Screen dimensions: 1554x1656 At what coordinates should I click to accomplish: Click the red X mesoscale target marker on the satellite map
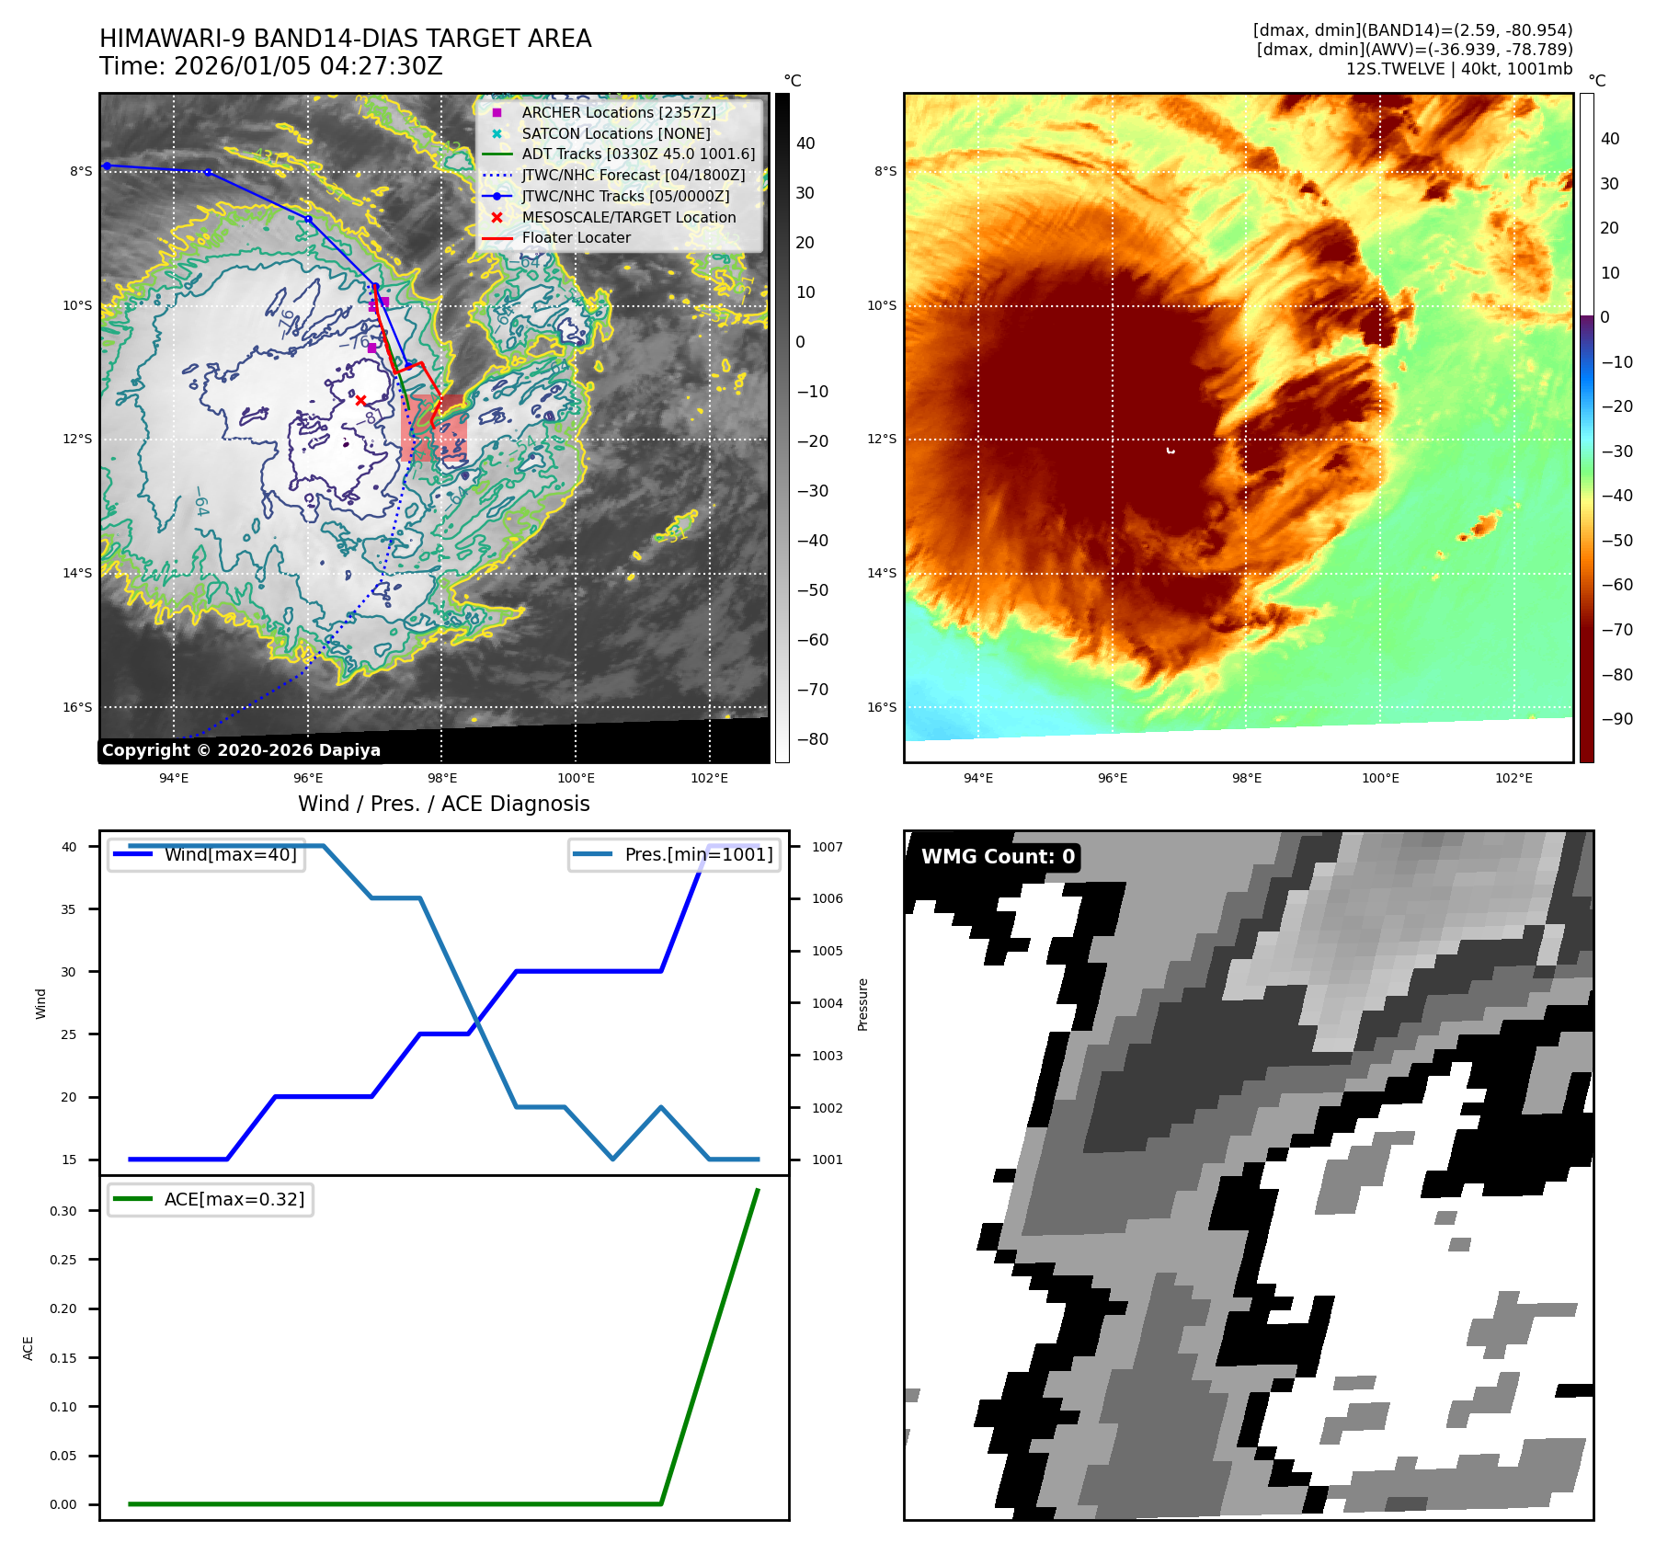coord(360,400)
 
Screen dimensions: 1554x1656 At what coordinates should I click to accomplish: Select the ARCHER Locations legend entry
coord(618,112)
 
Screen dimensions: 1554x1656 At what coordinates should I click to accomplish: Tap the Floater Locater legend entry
coord(576,237)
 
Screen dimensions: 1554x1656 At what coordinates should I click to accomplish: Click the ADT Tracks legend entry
coord(638,154)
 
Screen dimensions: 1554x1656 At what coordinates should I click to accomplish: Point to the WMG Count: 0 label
coord(998,856)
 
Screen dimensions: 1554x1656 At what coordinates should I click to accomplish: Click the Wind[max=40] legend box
coord(207,854)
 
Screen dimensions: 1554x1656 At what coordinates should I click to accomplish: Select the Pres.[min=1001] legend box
coord(674,854)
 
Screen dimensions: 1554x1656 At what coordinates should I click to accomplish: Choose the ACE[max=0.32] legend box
coord(211,1199)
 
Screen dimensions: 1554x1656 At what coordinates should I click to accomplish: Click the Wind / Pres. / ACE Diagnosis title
coord(443,804)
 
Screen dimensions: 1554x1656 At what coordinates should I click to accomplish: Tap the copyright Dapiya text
coord(241,750)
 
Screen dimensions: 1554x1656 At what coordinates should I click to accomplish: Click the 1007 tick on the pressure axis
coord(827,847)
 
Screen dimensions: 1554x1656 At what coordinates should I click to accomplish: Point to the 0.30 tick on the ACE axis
coord(63,1211)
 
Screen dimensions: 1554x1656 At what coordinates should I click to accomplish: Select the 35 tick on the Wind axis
coord(69,909)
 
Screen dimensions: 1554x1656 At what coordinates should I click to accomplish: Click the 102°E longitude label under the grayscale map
coord(709,778)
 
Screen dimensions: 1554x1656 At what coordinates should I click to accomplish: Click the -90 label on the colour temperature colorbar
coord(1616,719)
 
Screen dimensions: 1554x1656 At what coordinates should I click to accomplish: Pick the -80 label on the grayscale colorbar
coord(812,739)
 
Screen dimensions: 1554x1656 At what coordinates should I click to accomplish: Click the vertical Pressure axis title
coord(862,1004)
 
